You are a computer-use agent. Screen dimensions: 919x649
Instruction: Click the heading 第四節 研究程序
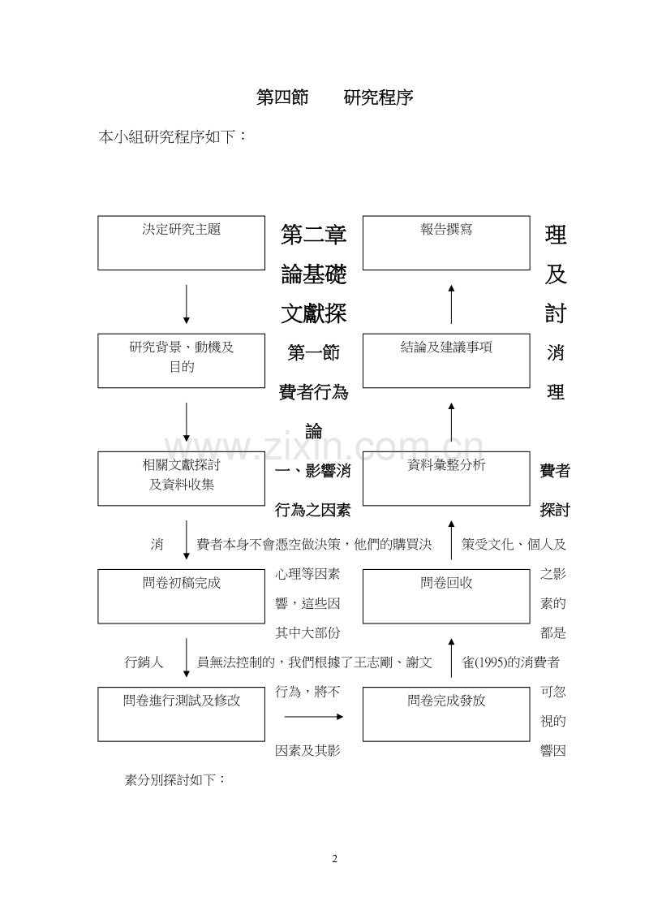coord(334,98)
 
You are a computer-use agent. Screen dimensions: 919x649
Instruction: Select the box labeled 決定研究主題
coord(181,242)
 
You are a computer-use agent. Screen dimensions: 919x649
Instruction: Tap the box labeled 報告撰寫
coord(445,242)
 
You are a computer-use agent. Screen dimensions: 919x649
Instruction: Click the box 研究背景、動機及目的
coord(181,360)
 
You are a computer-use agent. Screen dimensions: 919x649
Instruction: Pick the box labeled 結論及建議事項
coord(445,360)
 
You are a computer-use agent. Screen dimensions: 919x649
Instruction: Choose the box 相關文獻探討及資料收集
coord(181,477)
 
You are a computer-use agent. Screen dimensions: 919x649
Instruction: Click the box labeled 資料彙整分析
coord(445,477)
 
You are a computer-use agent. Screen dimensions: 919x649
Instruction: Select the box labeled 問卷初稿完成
coord(181,595)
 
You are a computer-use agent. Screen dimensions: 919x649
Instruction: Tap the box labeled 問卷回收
coord(445,595)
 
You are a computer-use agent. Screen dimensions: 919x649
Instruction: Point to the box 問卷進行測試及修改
coord(181,713)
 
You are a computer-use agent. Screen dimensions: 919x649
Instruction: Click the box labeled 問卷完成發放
coord(445,713)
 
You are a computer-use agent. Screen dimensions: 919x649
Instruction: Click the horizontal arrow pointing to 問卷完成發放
coord(314,717)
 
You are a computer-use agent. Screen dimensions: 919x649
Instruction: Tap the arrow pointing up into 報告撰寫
coord(451,303)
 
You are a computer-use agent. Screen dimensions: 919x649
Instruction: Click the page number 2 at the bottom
coord(333,859)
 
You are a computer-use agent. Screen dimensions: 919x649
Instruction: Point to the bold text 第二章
coord(314,235)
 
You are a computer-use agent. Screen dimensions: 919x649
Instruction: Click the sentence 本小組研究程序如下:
coord(172,137)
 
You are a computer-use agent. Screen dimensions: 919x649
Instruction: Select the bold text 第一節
coord(314,353)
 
